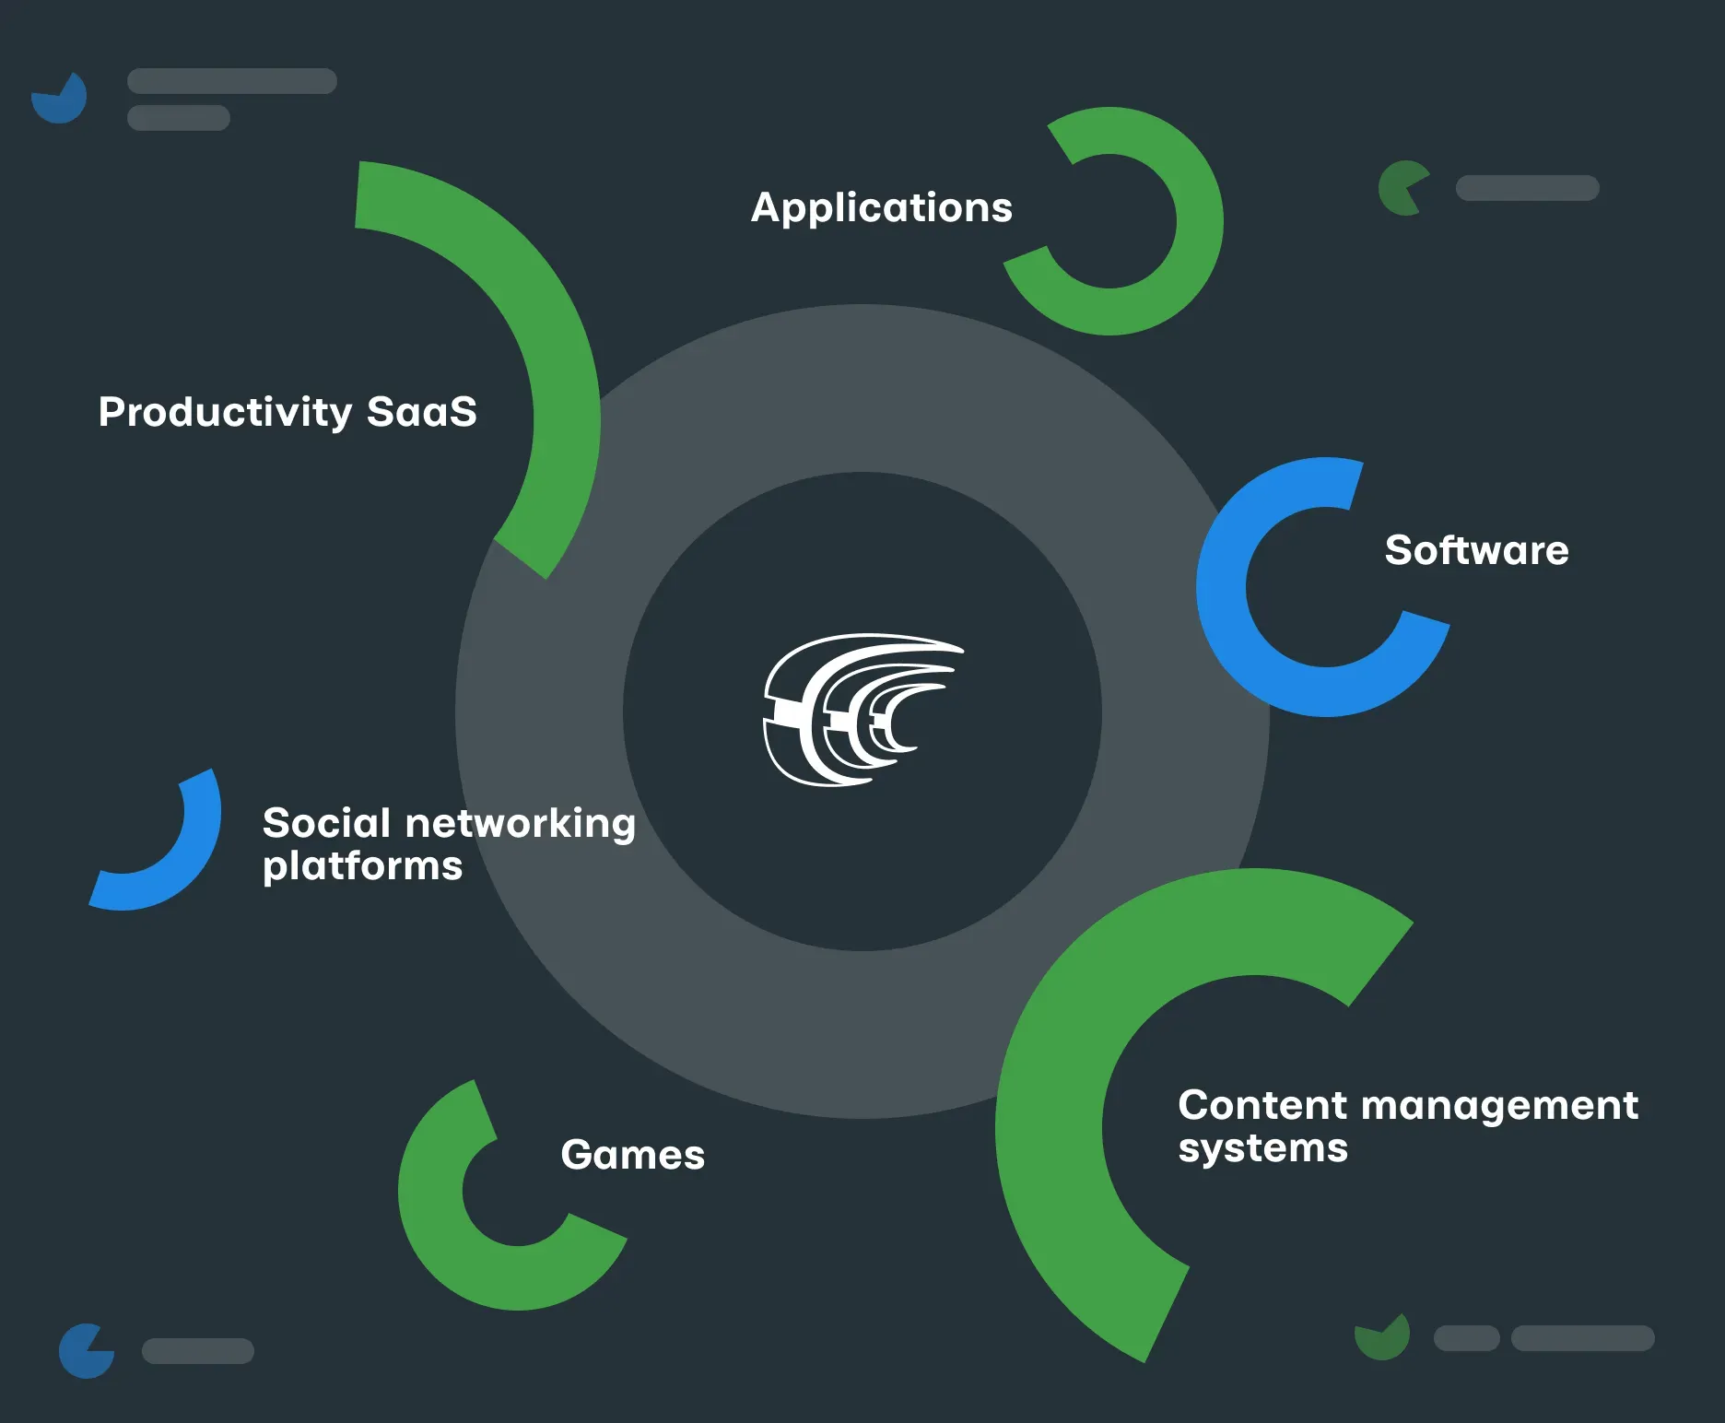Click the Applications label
click(881, 207)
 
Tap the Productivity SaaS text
click(287, 412)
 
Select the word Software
click(1476, 550)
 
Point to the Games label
click(632, 1155)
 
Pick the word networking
click(521, 823)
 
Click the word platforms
click(362, 866)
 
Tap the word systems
click(1262, 1148)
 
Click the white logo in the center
click(861, 710)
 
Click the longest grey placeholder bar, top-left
click(231, 81)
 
